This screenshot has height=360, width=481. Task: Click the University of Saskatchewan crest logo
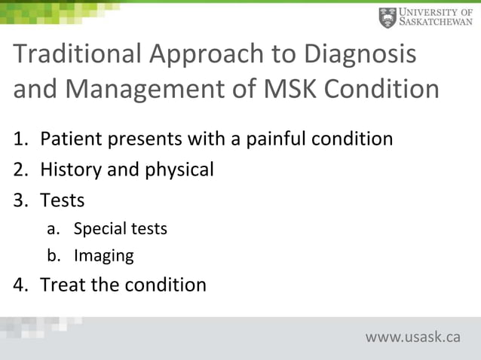point(388,17)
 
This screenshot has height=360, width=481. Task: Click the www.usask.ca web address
point(412,337)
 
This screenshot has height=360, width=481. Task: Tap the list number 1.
point(19,139)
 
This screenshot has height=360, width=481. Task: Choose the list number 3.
point(19,201)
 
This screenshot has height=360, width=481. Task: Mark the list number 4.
point(19,285)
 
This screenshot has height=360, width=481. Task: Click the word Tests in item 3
point(62,201)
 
